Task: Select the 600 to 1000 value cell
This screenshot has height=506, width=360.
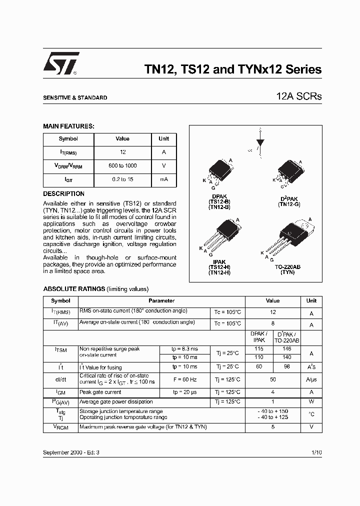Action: pos(122,165)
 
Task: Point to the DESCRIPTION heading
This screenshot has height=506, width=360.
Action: pos(63,193)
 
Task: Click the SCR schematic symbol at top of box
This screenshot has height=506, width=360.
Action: pos(259,141)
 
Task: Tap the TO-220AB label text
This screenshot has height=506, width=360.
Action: pos(287,267)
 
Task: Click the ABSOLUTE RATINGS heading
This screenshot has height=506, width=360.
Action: pos(74,289)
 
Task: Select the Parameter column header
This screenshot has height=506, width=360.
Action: pos(161,301)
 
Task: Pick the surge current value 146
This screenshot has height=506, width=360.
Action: pos(286,348)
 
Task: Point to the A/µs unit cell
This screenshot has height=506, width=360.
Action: pos(311,379)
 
